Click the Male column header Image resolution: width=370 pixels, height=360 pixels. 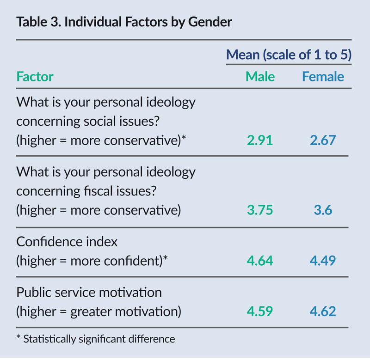[x=260, y=76]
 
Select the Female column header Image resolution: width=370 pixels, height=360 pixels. [x=323, y=76]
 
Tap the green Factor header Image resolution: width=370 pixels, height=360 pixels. [x=35, y=76]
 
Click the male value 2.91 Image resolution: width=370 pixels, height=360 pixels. [x=260, y=140]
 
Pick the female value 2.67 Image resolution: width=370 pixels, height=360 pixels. [x=323, y=140]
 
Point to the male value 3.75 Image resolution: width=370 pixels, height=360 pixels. [x=260, y=211]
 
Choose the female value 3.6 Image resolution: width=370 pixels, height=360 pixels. [x=323, y=211]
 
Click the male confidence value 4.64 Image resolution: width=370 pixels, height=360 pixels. [x=260, y=261]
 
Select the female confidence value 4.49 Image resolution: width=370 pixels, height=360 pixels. [x=323, y=261]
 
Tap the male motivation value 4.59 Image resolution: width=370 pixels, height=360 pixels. [x=260, y=311]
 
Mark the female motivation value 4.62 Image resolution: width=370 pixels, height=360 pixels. [x=323, y=311]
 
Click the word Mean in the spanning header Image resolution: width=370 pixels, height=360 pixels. [x=242, y=55]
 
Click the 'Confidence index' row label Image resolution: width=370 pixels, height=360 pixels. [x=67, y=242]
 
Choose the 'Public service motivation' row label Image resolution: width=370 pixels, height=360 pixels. [x=89, y=292]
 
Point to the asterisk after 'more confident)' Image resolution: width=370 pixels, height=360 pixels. [x=165, y=258]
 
